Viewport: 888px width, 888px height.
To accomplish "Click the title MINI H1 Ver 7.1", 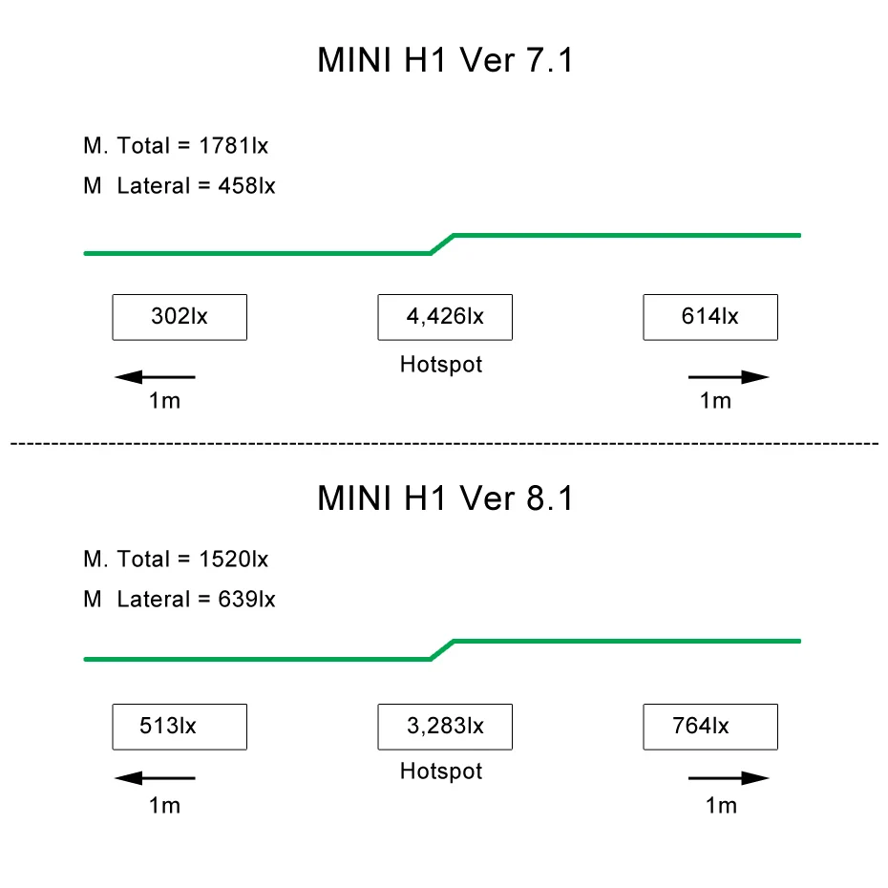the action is [445, 60].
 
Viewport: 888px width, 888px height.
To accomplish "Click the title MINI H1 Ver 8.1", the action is [445, 498].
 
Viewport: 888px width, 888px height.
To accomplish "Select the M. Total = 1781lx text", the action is [176, 146].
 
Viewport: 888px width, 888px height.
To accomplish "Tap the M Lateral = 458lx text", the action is [179, 186].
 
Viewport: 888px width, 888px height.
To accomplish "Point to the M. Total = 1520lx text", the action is [176, 559].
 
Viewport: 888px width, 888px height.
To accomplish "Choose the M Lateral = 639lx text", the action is [179, 600].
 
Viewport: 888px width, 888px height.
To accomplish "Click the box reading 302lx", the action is [180, 317].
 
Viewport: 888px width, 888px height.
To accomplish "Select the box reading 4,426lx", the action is [445, 317].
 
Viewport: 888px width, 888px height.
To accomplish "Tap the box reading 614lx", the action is [710, 317].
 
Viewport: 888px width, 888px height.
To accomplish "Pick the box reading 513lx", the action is [180, 727].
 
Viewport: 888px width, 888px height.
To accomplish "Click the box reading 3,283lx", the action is [445, 727].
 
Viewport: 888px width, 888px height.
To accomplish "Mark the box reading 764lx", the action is [710, 727].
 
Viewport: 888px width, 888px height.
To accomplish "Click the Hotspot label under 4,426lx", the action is [441, 364].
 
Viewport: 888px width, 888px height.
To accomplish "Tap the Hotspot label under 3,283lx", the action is [441, 771].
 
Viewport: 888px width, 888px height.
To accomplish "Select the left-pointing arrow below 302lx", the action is [155, 377].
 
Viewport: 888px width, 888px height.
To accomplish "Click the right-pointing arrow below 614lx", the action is [729, 377].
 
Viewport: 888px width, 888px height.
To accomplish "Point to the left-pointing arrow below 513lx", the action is [155, 778].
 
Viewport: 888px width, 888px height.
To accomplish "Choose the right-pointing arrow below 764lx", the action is [729, 778].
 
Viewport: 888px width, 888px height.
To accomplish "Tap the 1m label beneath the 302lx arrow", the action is [164, 401].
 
